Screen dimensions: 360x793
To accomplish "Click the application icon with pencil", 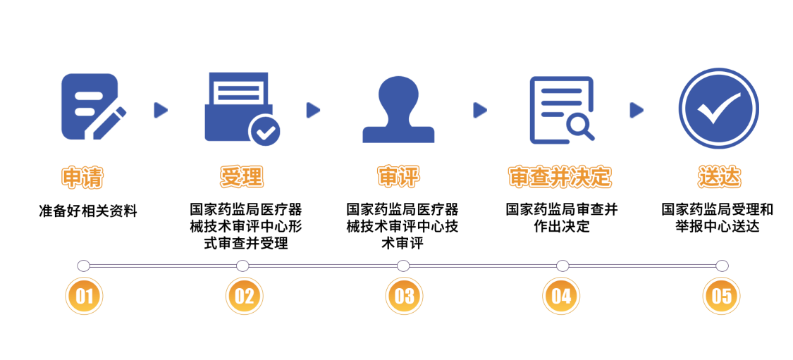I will tap(92, 106).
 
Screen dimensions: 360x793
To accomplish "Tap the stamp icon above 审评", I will tap(398, 109).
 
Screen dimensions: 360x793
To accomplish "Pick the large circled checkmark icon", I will tap(718, 108).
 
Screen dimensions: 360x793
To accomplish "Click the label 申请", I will tap(82, 178).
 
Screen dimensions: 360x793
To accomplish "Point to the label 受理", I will tap(241, 177).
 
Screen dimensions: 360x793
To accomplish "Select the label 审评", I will tap(398, 177).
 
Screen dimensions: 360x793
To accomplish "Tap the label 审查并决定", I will tap(560, 177).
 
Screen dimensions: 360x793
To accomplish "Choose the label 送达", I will tap(719, 177).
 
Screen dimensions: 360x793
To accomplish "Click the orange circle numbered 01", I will tap(84, 297).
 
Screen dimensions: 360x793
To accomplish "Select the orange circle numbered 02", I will tap(244, 297).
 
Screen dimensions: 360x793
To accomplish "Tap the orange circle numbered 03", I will tap(404, 297).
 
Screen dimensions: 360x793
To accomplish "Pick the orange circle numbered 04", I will tap(561, 297).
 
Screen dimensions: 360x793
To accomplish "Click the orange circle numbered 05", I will tap(721, 297).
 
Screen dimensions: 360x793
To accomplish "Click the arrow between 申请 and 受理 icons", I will tap(161, 110).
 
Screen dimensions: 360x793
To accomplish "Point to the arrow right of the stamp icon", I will tap(480, 110).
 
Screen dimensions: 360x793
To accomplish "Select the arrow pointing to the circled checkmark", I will tap(637, 110).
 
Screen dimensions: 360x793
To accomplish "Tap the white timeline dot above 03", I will tap(403, 266).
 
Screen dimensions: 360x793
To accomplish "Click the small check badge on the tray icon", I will tap(265, 131).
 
